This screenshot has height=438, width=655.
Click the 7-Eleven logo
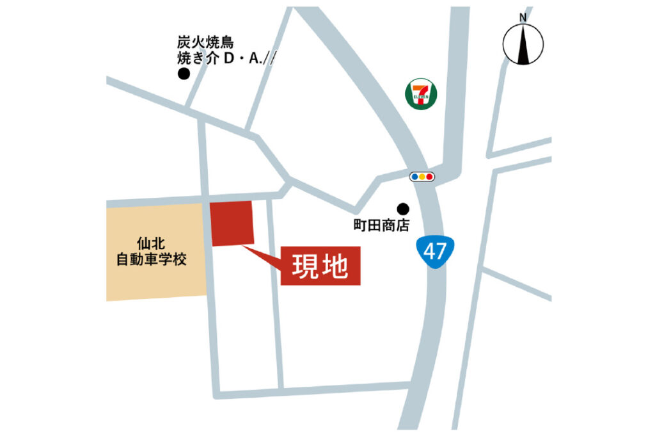click(x=421, y=93)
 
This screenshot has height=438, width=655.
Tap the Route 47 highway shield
click(x=434, y=252)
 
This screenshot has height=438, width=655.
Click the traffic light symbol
click(x=422, y=177)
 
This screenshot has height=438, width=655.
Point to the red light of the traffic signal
click(x=430, y=177)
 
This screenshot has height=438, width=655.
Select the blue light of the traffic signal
click(x=414, y=177)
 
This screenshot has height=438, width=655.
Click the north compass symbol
click(x=523, y=45)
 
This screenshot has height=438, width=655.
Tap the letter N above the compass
click(x=523, y=17)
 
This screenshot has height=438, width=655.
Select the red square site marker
click(x=232, y=222)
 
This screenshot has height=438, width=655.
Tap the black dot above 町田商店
click(x=403, y=208)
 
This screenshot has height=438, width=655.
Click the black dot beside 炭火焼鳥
click(x=184, y=74)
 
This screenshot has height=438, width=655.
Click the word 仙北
click(x=151, y=243)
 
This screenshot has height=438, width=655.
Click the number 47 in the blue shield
click(x=434, y=251)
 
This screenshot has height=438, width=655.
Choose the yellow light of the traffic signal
click(x=422, y=177)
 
